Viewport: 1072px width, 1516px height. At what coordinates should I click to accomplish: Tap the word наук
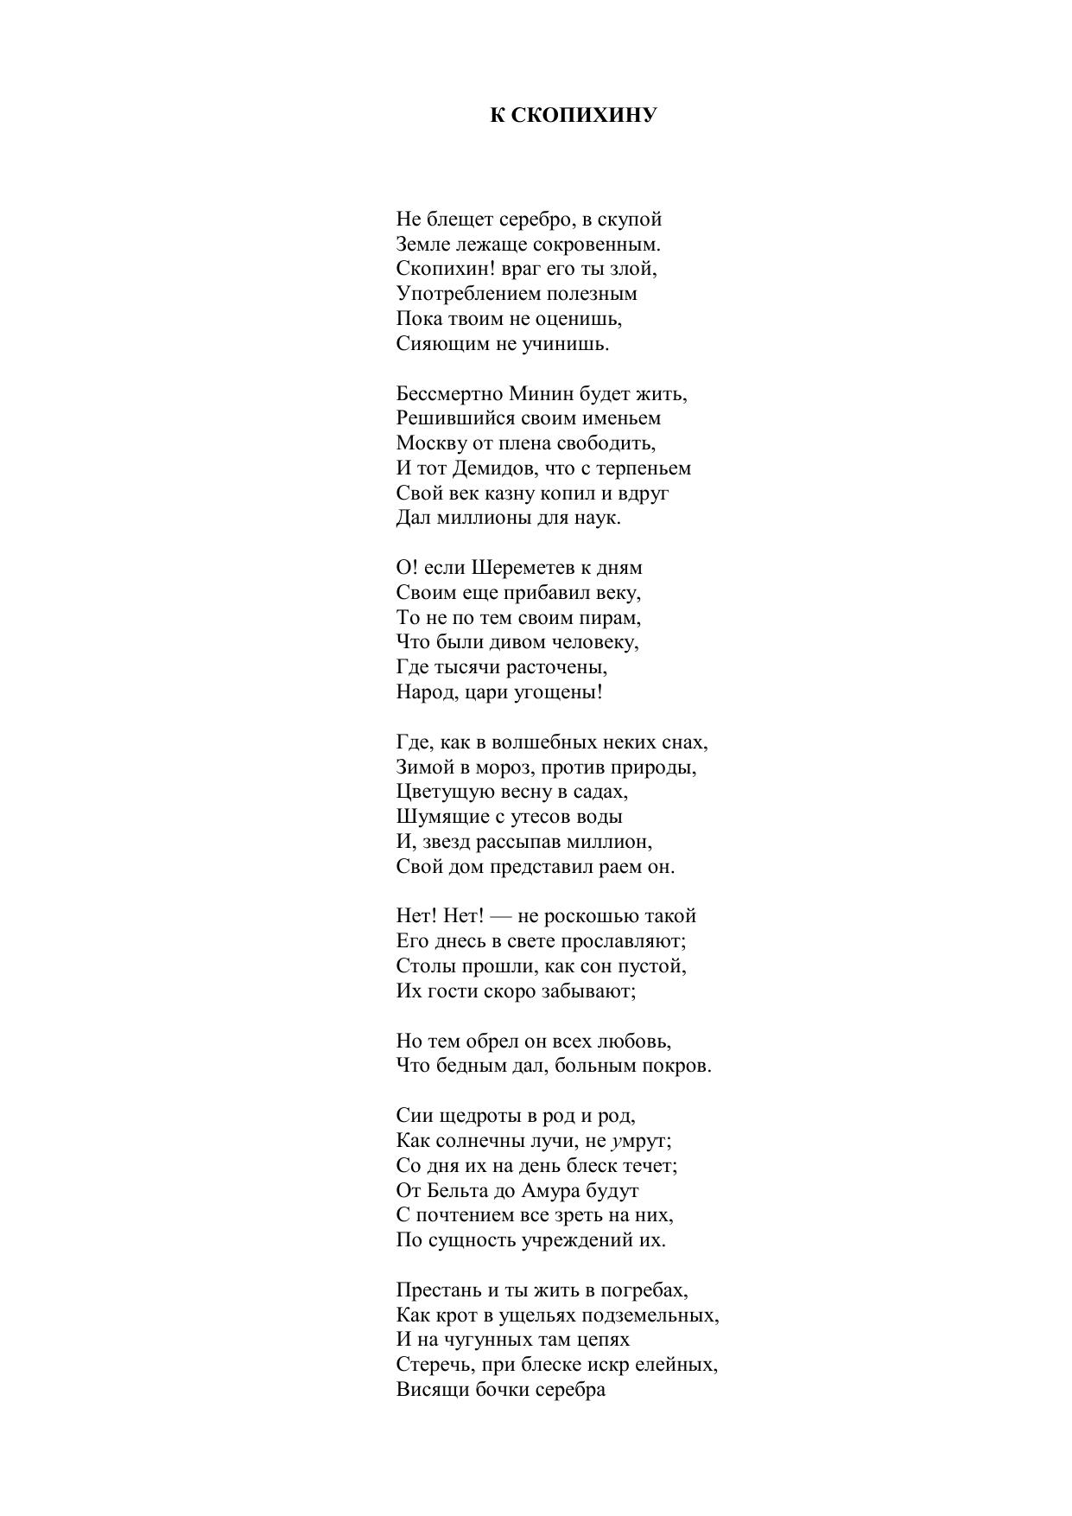coord(599,519)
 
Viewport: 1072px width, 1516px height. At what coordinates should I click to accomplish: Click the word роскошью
coord(587,916)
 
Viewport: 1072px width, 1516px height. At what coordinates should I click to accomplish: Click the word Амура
coord(550,1191)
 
